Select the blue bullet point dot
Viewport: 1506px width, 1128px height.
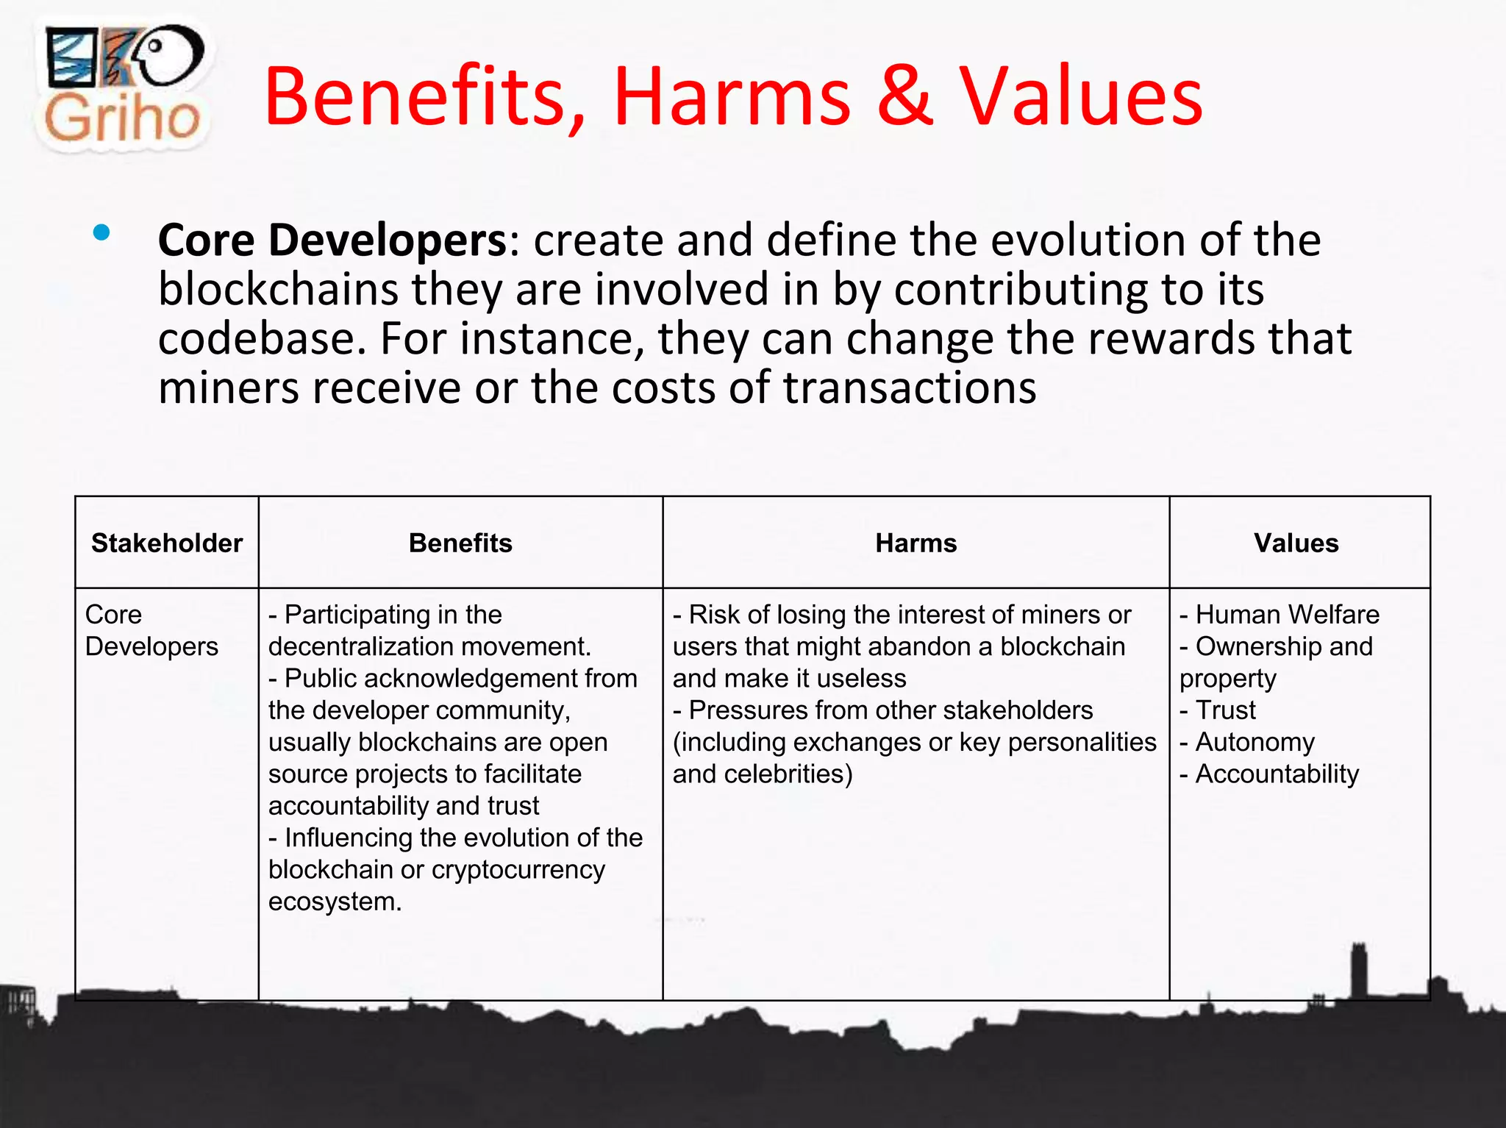(101, 234)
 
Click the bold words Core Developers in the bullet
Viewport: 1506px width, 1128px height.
(332, 240)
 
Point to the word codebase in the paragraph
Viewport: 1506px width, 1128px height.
(260, 339)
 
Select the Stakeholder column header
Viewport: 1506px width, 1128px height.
(167, 543)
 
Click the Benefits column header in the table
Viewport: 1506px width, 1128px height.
(460, 543)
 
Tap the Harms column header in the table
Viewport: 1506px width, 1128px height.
(916, 543)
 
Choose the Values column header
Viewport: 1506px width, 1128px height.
(1296, 543)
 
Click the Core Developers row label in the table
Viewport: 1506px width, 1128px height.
(151, 630)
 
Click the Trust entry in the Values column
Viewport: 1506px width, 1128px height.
(1225, 710)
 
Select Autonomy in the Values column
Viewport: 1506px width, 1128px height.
(1255, 742)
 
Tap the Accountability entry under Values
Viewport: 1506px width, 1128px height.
(1277, 774)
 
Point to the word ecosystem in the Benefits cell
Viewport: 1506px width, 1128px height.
(334, 902)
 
